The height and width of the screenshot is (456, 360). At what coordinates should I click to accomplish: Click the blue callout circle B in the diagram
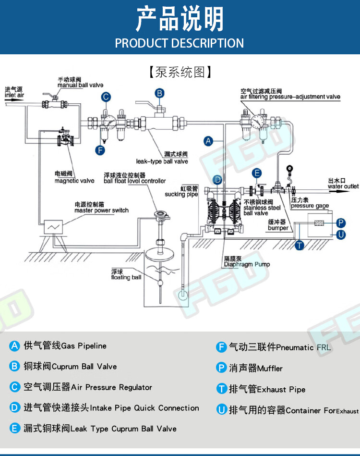(160, 93)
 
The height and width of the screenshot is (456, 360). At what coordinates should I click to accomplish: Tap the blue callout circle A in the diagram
(208, 141)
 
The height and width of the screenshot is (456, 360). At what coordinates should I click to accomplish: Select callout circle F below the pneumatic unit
(100, 150)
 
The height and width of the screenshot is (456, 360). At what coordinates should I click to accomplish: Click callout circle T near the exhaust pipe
(300, 245)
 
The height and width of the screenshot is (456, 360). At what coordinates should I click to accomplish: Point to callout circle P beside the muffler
(341, 222)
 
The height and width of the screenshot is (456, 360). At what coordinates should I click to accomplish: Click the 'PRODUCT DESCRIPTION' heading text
(180, 43)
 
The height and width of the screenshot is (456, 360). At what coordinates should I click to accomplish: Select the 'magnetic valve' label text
(74, 181)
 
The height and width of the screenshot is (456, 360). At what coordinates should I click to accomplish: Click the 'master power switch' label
(101, 210)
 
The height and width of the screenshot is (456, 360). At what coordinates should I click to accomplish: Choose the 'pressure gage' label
(310, 206)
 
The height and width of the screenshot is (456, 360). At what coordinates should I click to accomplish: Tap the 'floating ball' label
(126, 277)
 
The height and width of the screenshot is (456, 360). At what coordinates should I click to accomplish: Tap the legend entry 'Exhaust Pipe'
(267, 389)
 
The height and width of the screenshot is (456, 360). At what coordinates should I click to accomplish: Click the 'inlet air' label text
(14, 95)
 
